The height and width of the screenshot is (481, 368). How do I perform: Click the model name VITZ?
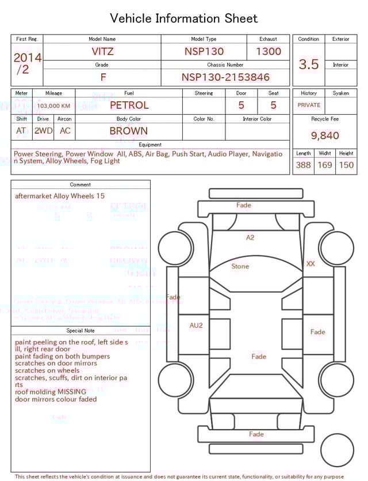point(102,51)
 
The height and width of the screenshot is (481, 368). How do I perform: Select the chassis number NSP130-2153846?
point(225,77)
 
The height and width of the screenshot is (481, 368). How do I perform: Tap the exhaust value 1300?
point(269,51)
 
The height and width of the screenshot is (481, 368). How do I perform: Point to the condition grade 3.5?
point(309,64)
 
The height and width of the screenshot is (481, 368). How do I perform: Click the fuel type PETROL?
point(129,105)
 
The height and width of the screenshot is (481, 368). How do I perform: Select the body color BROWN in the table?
point(129,131)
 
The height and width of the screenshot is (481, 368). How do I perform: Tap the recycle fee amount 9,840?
point(325,135)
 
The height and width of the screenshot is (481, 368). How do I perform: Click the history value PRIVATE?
point(309,105)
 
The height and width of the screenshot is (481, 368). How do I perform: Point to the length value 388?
point(303,165)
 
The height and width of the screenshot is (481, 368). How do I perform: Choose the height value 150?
point(346,165)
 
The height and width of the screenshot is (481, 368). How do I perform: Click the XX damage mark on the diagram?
point(310,264)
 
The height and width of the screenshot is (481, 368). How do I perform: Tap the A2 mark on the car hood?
point(250,237)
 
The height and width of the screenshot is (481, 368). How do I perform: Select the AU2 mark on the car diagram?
point(196,325)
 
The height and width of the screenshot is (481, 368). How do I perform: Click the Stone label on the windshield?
point(240,267)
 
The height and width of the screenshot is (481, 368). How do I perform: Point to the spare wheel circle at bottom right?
point(337,450)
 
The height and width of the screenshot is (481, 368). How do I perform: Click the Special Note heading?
point(80,331)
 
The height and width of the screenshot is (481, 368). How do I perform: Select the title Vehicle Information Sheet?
point(184,18)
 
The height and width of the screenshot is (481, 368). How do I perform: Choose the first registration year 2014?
point(27,58)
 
